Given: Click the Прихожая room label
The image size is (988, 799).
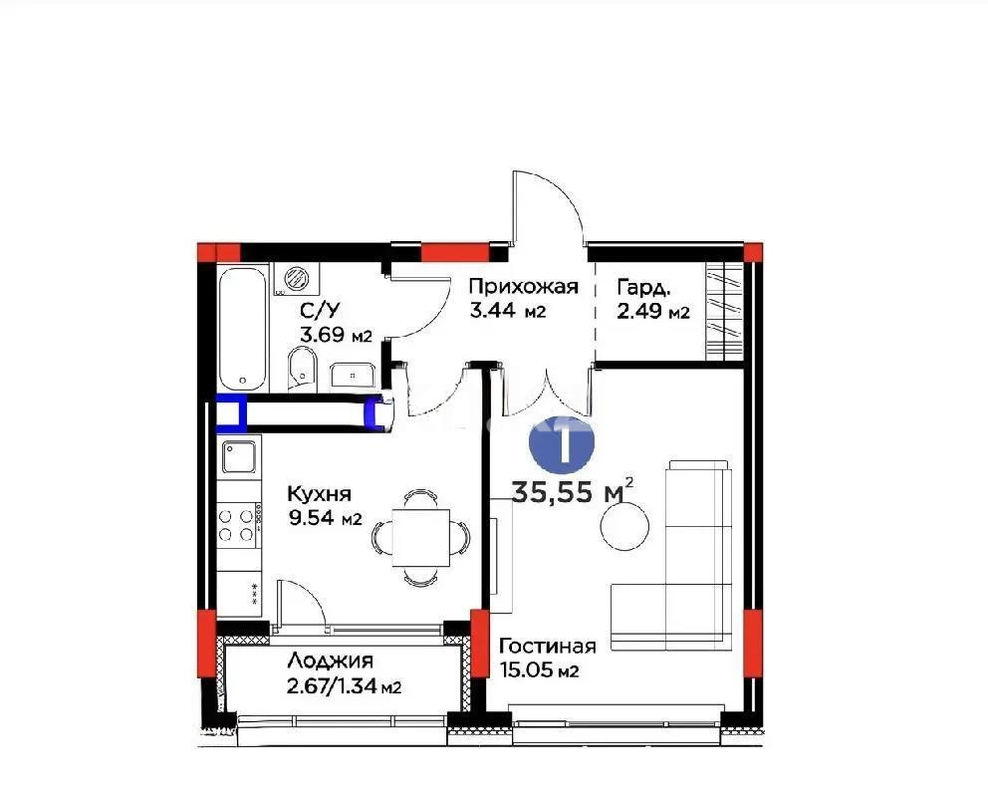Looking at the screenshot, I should coord(523,288).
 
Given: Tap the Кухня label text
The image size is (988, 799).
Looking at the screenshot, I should coord(318,494).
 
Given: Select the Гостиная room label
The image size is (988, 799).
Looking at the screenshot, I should coord(547,646).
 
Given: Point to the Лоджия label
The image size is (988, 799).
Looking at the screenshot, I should coord(330,661).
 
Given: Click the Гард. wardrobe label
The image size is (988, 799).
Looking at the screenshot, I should coord(643,288).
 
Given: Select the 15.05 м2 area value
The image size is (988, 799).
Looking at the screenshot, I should coord(539,671).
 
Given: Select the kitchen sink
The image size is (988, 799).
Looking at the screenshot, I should coord(239,458).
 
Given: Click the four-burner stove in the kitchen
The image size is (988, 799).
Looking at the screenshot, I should coord(238,524).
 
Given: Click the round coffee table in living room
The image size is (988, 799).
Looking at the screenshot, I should coord(625,524).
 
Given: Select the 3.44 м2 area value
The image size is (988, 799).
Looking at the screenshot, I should coord(507,312).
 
